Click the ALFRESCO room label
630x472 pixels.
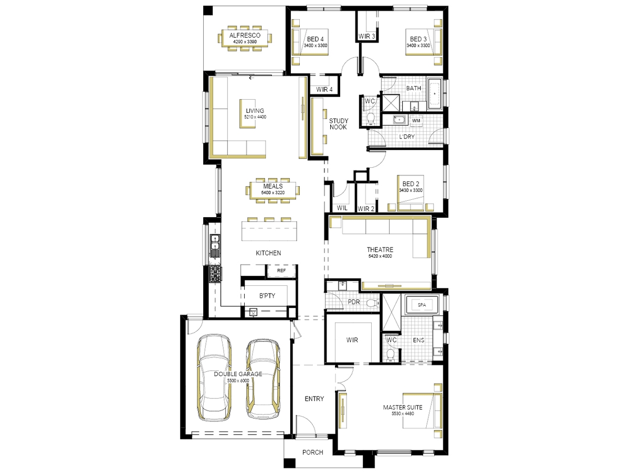245,36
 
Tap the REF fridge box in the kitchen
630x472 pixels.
281,271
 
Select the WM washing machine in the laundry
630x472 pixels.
416,121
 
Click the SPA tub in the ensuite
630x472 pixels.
422,305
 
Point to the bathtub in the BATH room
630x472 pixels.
435,93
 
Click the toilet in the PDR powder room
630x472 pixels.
373,303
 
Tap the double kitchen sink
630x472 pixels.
214,242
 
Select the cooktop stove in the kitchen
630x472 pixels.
215,274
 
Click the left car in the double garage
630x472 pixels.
214,377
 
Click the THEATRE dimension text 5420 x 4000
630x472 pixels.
380,256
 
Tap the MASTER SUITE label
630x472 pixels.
402,407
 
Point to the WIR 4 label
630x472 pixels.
324,89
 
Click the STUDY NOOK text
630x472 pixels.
339,124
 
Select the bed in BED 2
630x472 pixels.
411,193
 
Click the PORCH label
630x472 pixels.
312,452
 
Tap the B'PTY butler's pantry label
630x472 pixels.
267,296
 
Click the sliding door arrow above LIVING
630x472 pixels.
251,78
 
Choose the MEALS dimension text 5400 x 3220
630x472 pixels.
272,192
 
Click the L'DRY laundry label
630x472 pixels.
407,137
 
